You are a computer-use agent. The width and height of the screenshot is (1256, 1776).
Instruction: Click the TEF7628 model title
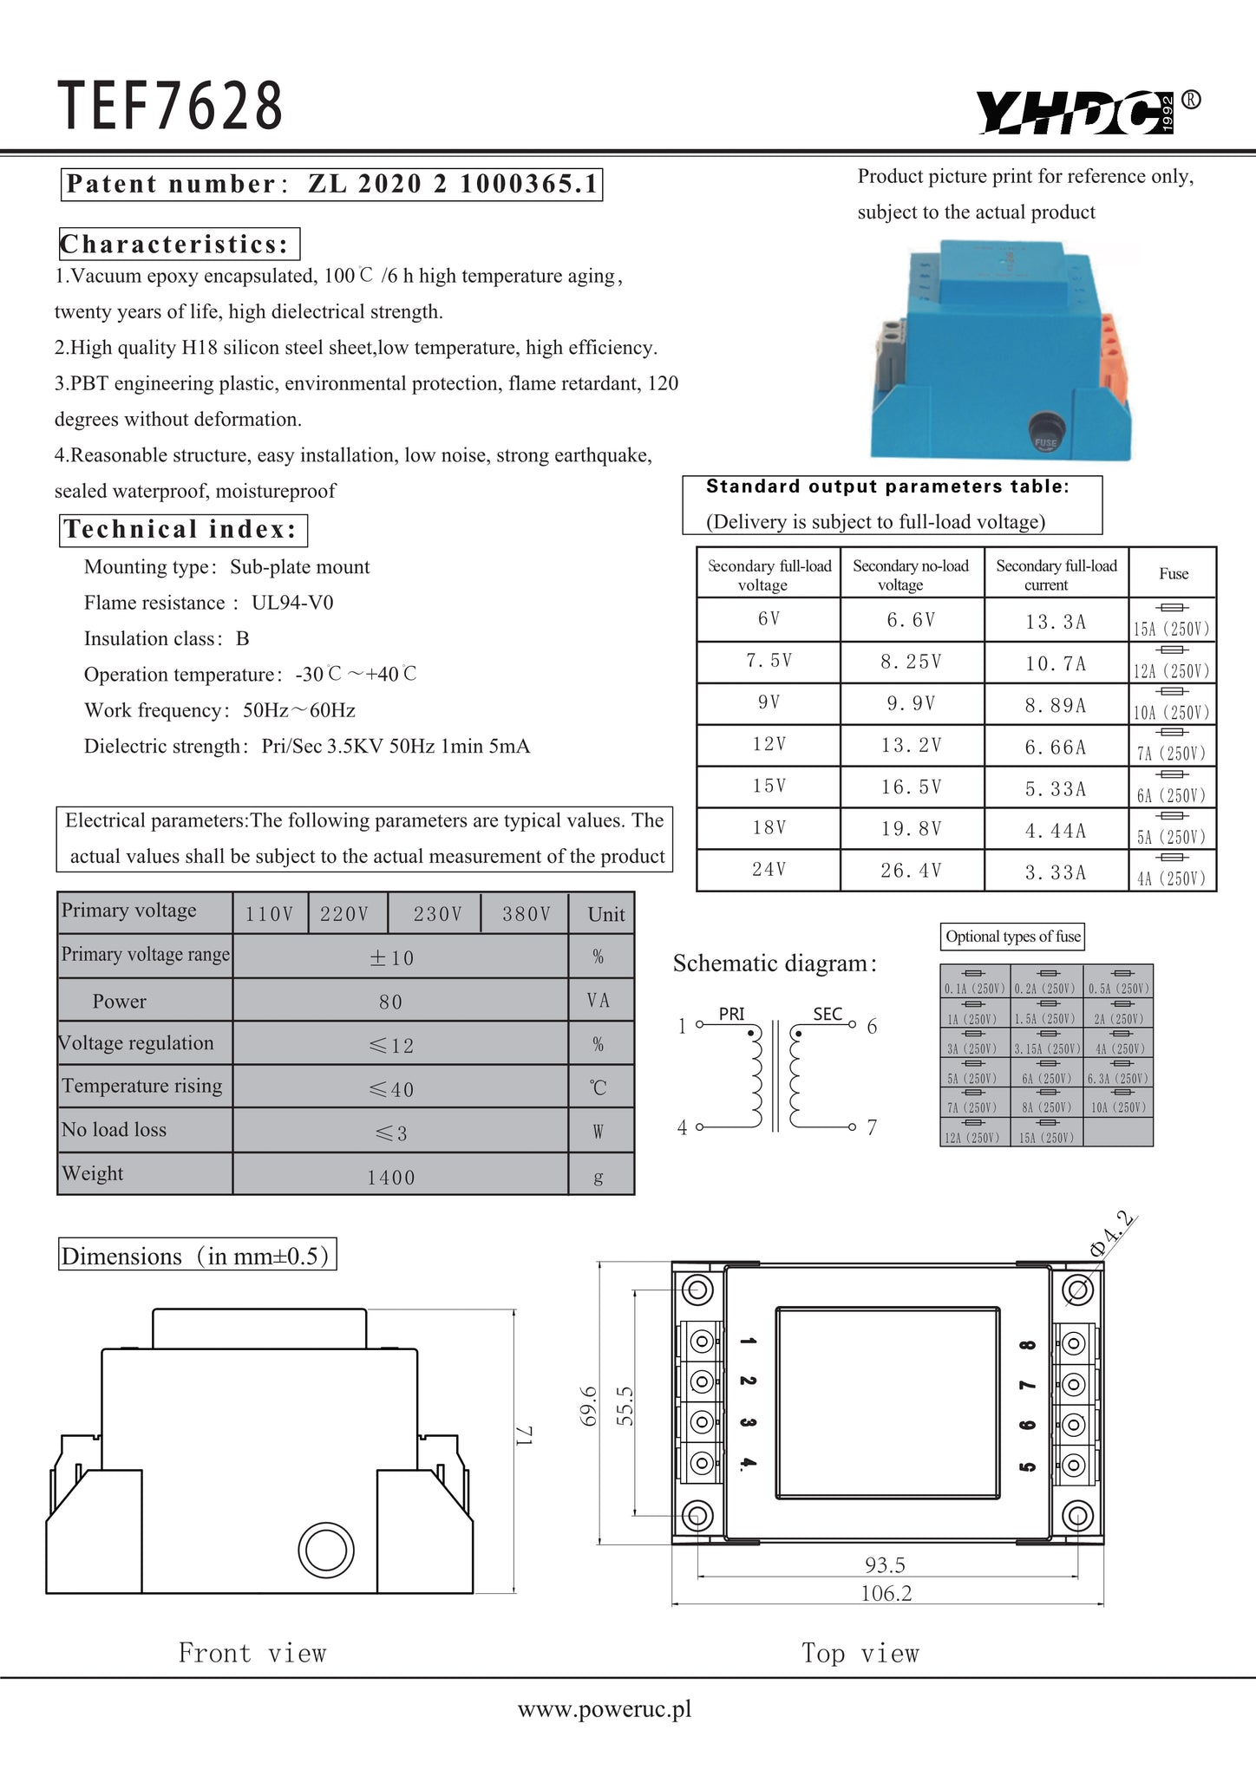pos(171,106)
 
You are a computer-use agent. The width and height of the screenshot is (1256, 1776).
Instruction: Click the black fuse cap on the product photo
pos(1045,432)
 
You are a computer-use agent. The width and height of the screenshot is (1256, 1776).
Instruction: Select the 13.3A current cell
pos(1055,621)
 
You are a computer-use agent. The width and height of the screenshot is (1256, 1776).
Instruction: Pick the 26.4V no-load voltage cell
pos(910,871)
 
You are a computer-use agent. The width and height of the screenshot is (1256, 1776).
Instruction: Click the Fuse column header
pos(1173,573)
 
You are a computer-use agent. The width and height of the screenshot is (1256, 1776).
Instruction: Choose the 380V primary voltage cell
pos(527,914)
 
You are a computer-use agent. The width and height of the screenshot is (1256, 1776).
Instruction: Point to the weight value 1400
pos(391,1177)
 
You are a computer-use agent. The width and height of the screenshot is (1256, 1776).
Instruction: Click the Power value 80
pos(391,1002)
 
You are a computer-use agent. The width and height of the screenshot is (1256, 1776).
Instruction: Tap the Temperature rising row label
pos(142,1086)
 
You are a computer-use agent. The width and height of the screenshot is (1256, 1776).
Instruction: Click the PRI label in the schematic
pos(731,1014)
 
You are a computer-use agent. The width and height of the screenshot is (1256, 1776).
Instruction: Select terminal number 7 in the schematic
pos(872,1127)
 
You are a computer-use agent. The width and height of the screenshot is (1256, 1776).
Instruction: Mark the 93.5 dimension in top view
pos(885,1564)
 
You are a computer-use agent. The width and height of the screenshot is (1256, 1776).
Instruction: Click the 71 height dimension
pos(526,1436)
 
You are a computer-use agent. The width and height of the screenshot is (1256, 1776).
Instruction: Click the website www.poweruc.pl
pos(605,1708)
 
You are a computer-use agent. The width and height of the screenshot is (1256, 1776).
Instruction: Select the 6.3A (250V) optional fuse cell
pos(1118,1079)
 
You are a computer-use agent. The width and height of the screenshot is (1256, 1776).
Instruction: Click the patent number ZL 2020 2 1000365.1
pos(453,184)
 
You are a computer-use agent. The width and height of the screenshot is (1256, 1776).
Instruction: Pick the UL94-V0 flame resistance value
pos(292,603)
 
